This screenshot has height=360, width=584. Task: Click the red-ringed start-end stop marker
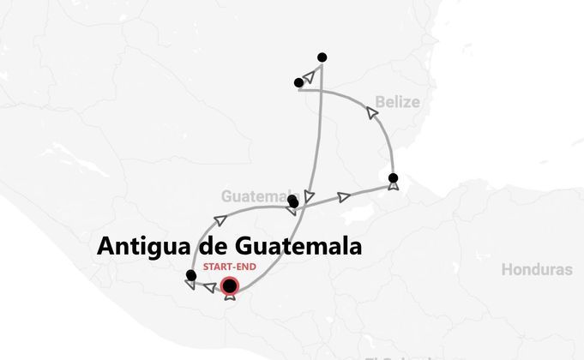(229, 286)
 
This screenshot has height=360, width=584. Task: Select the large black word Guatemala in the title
(293, 247)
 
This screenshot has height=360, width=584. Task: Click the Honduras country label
(537, 269)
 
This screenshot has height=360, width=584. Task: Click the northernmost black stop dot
(322, 57)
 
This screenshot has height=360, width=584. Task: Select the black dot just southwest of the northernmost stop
(298, 82)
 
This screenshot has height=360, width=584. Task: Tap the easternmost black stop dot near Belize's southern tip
(393, 178)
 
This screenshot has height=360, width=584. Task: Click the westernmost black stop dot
(190, 275)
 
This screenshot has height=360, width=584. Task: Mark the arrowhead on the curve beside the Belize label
(371, 111)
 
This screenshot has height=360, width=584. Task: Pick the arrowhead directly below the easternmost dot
(393, 186)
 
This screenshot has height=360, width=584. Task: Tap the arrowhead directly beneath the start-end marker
(229, 297)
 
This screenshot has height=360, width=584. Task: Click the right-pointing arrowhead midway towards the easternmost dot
(344, 197)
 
